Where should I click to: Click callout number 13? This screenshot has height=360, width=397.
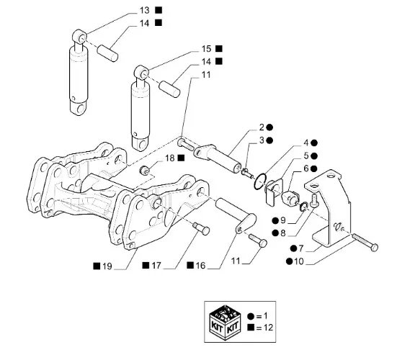pos(145,11)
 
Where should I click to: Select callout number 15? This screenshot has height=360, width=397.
pos(206,49)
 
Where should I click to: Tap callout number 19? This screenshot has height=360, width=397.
pos(107,266)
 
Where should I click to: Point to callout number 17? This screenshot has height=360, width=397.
pos(156,266)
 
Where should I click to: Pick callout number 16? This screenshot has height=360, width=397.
pos(200,266)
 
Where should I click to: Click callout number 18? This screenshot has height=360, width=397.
pos(170,158)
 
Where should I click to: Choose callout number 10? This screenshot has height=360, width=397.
pos(299,261)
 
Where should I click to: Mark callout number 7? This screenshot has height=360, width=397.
pos(300,248)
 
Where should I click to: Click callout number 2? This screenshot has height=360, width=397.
pos(262,127)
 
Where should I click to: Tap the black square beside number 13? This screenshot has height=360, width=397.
pos(159,10)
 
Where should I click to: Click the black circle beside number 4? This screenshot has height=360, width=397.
pos(314,143)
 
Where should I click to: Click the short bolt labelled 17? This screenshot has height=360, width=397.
pos(202,228)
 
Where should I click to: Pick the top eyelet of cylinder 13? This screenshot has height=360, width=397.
pos(80,36)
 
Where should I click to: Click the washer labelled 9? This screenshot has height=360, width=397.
pos(304,206)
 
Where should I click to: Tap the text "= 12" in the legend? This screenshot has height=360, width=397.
pos(264,328)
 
